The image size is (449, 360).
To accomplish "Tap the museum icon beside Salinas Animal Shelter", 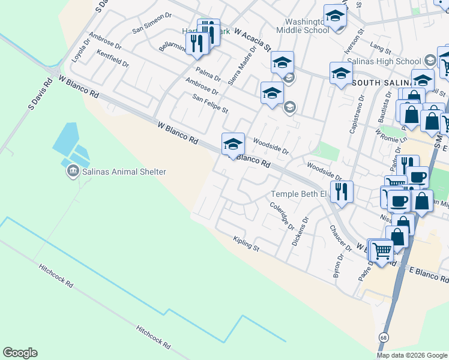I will [73, 172].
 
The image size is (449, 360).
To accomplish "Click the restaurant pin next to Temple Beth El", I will [341, 193].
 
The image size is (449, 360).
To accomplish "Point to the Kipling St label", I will [246, 244].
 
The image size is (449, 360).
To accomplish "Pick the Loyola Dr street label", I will [76, 53].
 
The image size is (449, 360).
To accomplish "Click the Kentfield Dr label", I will [112, 59].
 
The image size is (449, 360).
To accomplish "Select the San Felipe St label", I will [209, 103].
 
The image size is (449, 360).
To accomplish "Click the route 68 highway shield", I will [383, 338].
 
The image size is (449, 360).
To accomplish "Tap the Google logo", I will [20, 353].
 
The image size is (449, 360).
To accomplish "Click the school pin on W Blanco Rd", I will [234, 145].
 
